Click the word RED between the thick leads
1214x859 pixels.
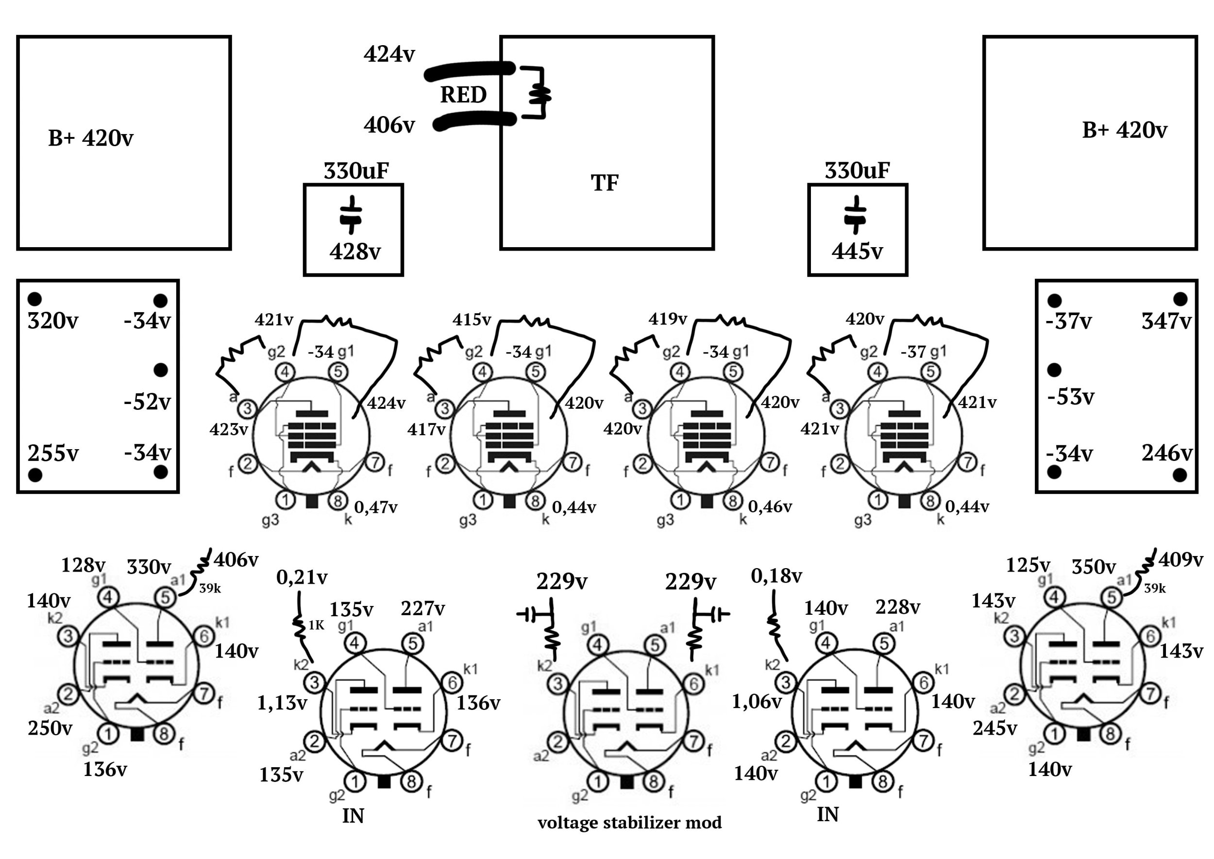(463, 95)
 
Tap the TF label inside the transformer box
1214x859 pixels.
(604, 183)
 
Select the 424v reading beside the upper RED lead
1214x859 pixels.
(389, 54)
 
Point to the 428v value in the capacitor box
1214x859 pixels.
(355, 251)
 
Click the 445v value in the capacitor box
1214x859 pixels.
(857, 251)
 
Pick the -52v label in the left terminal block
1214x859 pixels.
(147, 402)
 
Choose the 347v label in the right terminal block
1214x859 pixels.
(1166, 321)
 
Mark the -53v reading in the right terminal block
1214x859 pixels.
(1071, 397)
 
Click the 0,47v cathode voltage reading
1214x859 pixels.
(375, 507)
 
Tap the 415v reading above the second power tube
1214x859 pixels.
(472, 320)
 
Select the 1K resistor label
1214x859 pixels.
(316, 626)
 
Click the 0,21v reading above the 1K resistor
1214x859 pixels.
(302, 577)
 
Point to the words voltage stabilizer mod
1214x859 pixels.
(629, 823)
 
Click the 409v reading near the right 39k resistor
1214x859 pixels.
(1180, 559)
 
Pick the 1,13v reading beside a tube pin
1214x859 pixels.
(282, 703)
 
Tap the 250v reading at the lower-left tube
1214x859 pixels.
(50, 728)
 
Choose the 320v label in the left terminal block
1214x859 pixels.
(52, 321)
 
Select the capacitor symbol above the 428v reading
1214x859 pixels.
(350, 214)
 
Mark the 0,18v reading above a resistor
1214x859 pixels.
(776, 576)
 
